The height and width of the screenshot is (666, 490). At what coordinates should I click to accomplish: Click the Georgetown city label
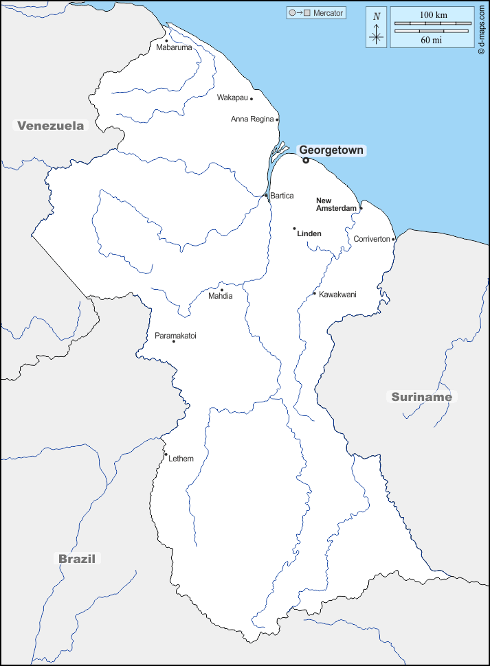coord(331,150)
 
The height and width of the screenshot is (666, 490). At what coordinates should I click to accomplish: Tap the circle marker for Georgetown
coord(306,161)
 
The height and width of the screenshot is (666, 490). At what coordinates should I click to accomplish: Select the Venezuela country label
coord(51,125)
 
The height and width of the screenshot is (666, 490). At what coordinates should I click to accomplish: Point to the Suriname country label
coord(422,396)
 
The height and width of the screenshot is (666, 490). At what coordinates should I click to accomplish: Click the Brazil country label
coord(77,558)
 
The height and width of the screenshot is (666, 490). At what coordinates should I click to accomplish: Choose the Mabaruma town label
coord(174,47)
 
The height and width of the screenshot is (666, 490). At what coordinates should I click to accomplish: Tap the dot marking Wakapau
coord(252,99)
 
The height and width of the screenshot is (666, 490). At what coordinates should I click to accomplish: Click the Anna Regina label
coord(252,119)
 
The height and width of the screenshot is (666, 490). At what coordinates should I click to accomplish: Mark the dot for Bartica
coord(266,196)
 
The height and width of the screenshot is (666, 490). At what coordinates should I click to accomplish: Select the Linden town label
coord(309,233)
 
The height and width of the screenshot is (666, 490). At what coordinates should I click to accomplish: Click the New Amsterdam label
coord(336,204)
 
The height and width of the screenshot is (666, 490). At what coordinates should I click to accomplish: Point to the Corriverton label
coord(372,239)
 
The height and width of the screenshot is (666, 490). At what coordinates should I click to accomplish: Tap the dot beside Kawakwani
coord(315,294)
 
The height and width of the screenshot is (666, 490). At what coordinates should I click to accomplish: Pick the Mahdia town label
coord(221,296)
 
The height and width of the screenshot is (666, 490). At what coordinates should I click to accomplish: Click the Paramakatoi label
coord(175,336)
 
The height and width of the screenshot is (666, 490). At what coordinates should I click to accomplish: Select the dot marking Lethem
coord(166,455)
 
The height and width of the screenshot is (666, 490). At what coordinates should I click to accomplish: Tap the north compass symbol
coord(376,28)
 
